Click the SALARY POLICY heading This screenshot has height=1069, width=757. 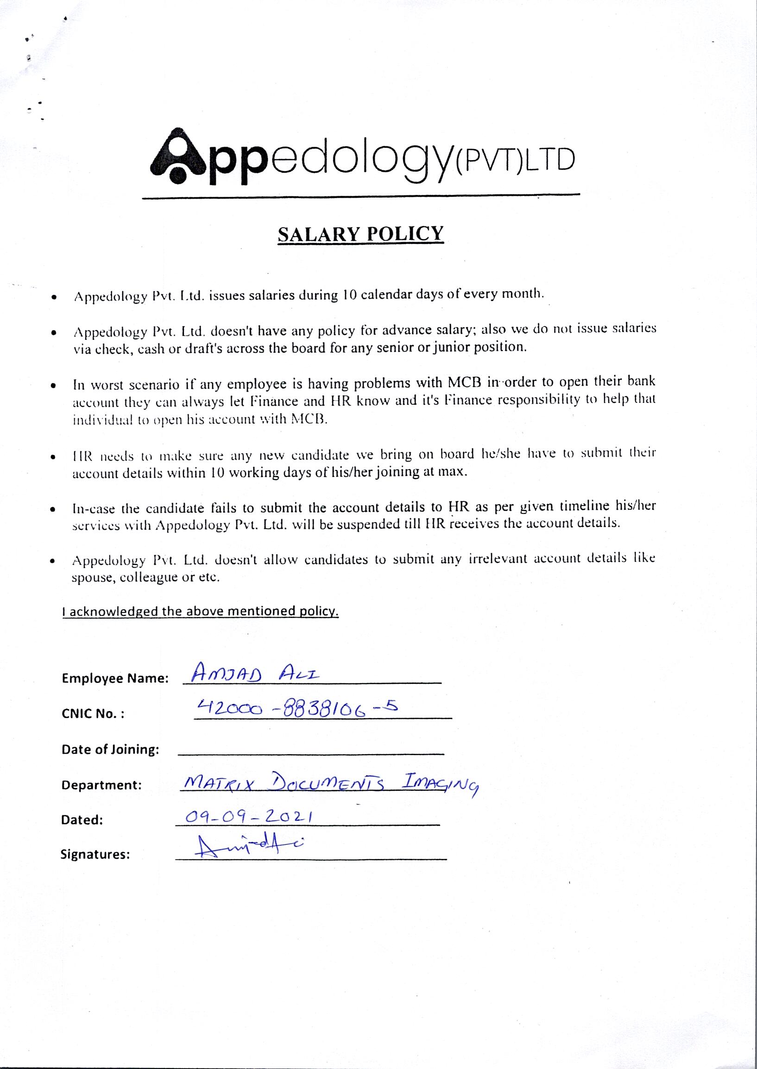pyautogui.click(x=360, y=234)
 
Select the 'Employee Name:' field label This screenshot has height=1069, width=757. pyautogui.click(x=115, y=679)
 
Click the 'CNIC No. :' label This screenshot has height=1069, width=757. pyautogui.click(x=93, y=714)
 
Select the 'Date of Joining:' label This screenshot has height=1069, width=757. pyautogui.click(x=110, y=750)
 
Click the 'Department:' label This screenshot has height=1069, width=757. pyautogui.click(x=101, y=785)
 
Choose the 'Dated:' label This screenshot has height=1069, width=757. pyautogui.click(x=82, y=820)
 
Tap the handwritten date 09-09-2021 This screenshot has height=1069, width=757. pyautogui.click(x=248, y=817)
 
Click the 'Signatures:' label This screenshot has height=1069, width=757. pyautogui.click(x=95, y=855)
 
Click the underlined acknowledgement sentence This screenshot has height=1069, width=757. pyautogui.click(x=201, y=611)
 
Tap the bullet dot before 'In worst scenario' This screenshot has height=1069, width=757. pyautogui.click(x=55, y=386)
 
